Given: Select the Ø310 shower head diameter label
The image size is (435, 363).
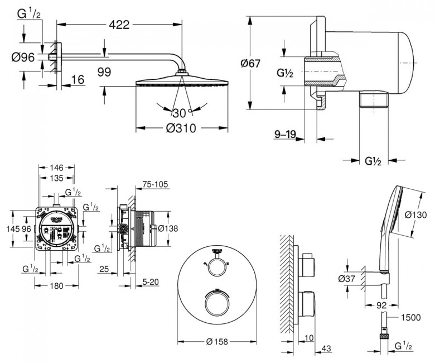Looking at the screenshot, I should tap(181, 128).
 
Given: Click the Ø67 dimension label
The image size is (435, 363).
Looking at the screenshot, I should tap(251, 63).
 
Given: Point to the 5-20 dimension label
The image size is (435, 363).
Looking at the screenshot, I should tap(151, 282).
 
